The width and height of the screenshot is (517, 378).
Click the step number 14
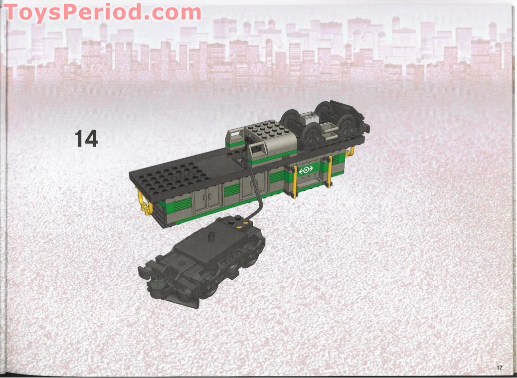(x=86, y=138)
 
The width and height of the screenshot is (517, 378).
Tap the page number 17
(x=499, y=368)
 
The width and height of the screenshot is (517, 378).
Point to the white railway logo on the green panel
(x=306, y=170)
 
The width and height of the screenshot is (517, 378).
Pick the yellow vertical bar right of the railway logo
(x=330, y=172)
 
